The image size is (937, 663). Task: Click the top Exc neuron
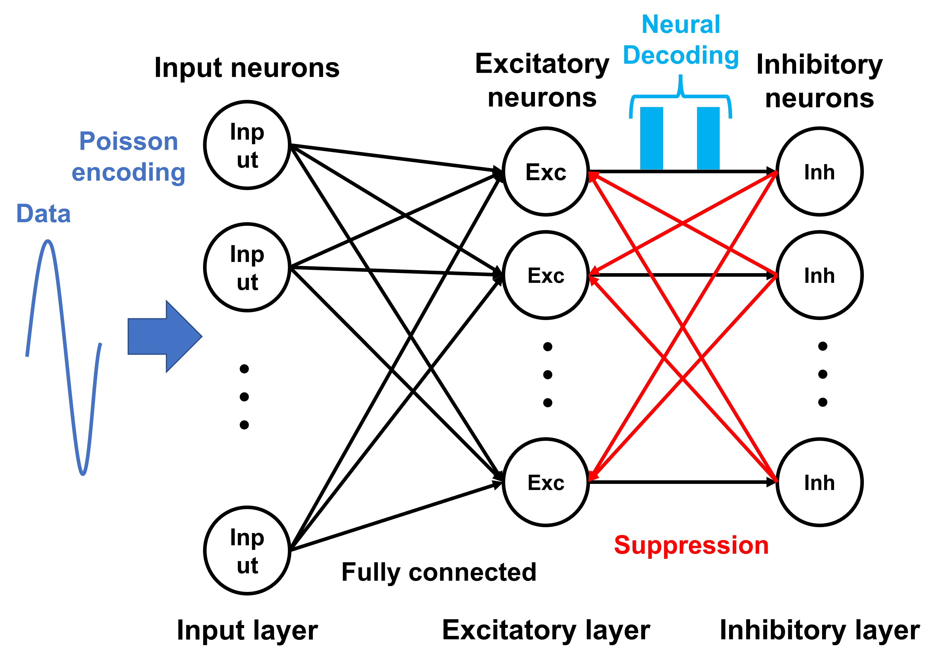546,171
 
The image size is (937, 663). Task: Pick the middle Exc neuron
546,275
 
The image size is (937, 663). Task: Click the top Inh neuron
820,171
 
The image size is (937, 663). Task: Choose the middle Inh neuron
820,275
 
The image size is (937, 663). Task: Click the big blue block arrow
163,336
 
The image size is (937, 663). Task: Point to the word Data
43,214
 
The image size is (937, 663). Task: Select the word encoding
129,172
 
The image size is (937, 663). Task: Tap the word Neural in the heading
681,24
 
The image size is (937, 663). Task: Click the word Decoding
681,56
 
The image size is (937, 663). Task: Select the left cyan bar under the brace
651,138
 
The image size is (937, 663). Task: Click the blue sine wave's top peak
48,242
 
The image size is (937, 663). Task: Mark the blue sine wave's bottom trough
83,474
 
